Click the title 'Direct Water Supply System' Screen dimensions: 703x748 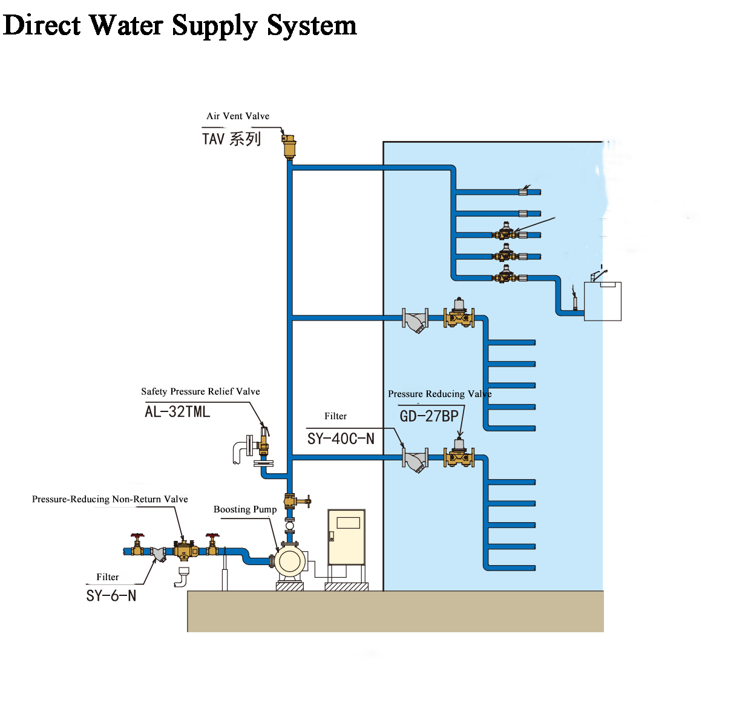[x=180, y=25]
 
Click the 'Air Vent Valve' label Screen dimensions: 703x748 [x=238, y=116]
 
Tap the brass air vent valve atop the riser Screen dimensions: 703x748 [x=289, y=146]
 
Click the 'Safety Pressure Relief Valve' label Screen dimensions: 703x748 [x=200, y=391]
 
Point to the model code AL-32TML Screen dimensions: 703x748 [x=177, y=412]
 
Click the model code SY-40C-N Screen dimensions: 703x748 [x=341, y=439]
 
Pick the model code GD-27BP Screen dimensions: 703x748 [x=429, y=416]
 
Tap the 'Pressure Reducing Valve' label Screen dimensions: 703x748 [x=439, y=394]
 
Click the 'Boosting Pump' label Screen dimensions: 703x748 [x=245, y=509]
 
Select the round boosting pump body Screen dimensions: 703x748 [x=290, y=561]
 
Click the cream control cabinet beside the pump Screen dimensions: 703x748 [x=346, y=537]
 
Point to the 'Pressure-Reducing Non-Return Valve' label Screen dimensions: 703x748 [x=110, y=499]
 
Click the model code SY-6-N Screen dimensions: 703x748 [x=111, y=596]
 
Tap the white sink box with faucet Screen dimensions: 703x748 [x=603, y=301]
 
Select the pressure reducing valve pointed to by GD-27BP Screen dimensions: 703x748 [x=459, y=453]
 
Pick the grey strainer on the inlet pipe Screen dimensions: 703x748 [x=159, y=553]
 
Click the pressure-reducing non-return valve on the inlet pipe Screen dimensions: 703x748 [x=185, y=550]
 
